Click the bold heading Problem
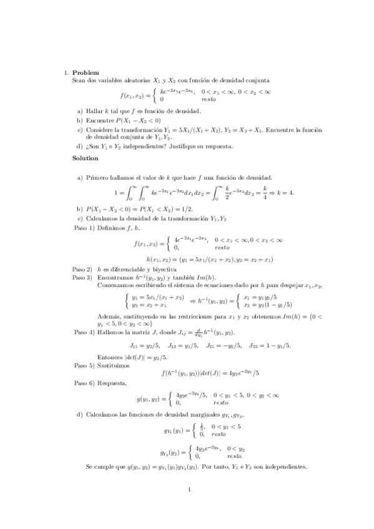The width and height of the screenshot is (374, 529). pyautogui.click(x=86, y=72)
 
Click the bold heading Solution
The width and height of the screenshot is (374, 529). pyautogui.click(x=86, y=158)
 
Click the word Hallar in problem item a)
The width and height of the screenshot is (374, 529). pyautogui.click(x=94, y=110)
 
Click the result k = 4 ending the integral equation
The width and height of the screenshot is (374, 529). pyautogui.click(x=283, y=192)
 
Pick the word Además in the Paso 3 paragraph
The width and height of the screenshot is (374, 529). pyautogui.click(x=109, y=316)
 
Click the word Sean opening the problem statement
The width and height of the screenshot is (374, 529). pyautogui.click(x=79, y=80)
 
